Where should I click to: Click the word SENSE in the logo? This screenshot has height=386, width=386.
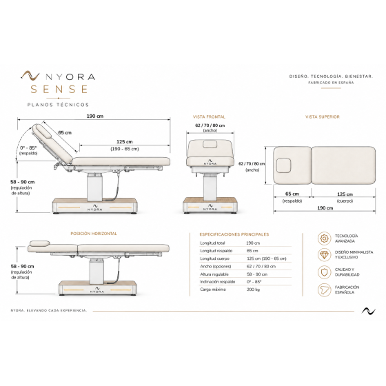(59, 89)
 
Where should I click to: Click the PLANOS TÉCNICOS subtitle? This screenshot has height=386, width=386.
(58, 105)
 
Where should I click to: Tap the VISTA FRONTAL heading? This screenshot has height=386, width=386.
(209, 117)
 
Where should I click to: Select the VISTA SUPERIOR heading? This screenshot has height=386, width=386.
(323, 117)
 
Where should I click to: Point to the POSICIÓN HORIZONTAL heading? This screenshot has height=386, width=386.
(94, 234)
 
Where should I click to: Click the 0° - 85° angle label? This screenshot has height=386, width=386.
(28, 148)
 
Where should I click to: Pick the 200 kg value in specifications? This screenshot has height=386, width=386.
(254, 289)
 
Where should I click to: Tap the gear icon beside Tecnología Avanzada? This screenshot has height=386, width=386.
(324, 238)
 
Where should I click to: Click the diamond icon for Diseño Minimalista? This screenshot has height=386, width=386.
(324, 255)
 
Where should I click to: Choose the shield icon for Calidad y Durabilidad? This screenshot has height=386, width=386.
(324, 272)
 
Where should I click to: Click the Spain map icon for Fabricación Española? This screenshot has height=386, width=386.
(324, 289)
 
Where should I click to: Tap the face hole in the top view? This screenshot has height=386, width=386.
(283, 165)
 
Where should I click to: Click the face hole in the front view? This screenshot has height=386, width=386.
(210, 144)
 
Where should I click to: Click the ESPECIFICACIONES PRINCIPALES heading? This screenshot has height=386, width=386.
(234, 234)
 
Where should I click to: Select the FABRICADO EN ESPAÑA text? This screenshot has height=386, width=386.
(331, 83)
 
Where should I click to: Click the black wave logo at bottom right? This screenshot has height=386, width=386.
(369, 311)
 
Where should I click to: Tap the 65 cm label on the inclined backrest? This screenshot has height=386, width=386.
(65, 132)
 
